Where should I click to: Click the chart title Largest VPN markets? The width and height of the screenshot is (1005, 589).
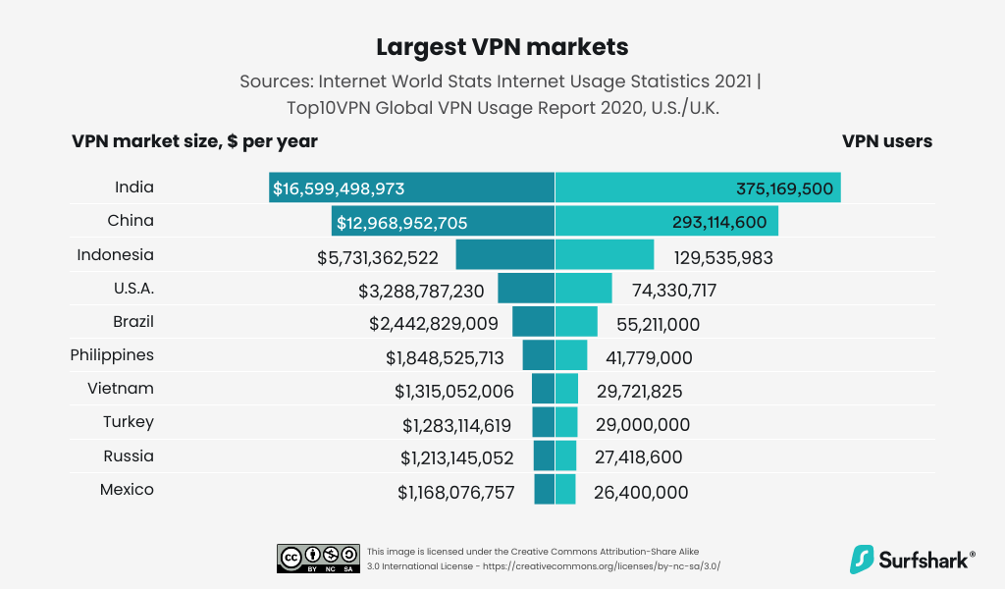(502, 47)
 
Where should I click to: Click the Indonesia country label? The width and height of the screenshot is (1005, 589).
(116, 255)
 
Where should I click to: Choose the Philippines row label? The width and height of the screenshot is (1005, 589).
(112, 355)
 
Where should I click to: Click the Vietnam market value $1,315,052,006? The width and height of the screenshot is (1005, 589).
(454, 392)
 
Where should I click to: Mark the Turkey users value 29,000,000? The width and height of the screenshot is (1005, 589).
(642, 425)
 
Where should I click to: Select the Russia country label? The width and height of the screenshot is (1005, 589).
(129, 456)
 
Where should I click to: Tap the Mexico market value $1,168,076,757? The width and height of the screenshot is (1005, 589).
(455, 492)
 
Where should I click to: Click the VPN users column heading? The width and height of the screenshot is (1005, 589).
(887, 141)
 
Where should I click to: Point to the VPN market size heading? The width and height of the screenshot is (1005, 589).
(194, 141)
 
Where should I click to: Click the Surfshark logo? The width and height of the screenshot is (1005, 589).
(912, 560)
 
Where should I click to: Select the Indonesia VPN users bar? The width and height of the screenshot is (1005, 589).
(605, 255)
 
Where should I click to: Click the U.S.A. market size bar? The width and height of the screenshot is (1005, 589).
(526, 289)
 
